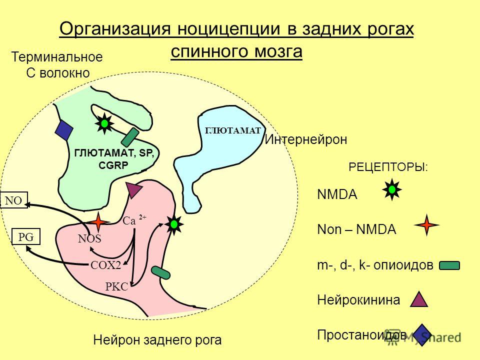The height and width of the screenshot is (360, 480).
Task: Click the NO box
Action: pyautogui.click(x=14, y=200)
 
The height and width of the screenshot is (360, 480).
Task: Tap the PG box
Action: pyautogui.click(x=26, y=236)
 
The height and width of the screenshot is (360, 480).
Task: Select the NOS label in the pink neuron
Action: pyautogui.click(x=89, y=239)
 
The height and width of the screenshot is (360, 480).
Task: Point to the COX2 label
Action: pyautogui.click(x=106, y=265)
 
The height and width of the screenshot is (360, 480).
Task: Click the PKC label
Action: pyautogui.click(x=116, y=287)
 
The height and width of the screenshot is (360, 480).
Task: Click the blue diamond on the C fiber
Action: pyautogui.click(x=64, y=130)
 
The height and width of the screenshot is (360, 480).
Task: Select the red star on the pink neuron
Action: pyautogui.click(x=98, y=222)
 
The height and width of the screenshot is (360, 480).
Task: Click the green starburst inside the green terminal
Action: pyautogui.click(x=104, y=123)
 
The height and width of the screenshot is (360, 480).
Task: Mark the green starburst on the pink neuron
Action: pyautogui.click(x=174, y=224)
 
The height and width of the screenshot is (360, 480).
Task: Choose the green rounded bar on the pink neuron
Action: pyautogui.click(x=160, y=273)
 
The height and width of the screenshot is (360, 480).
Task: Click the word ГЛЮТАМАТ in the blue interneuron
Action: pyautogui.click(x=232, y=130)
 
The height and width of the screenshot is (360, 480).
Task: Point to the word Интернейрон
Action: pyautogui.click(x=306, y=139)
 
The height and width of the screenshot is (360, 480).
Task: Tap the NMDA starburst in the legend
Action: pyautogui.click(x=392, y=190)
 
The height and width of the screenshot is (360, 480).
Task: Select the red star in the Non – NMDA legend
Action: pyautogui.click(x=426, y=225)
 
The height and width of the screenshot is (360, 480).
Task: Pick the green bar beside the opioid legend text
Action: pyautogui.click(x=449, y=265)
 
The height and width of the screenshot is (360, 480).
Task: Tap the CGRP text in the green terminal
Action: pyautogui.click(x=113, y=165)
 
